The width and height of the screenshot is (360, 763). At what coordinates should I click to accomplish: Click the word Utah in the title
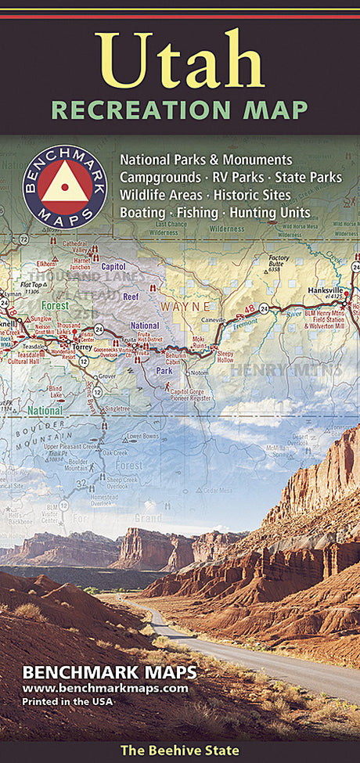(x=179, y=59)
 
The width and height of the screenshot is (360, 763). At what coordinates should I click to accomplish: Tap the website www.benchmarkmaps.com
(x=105, y=689)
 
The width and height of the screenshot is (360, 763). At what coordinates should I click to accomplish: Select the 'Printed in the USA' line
(x=69, y=701)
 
